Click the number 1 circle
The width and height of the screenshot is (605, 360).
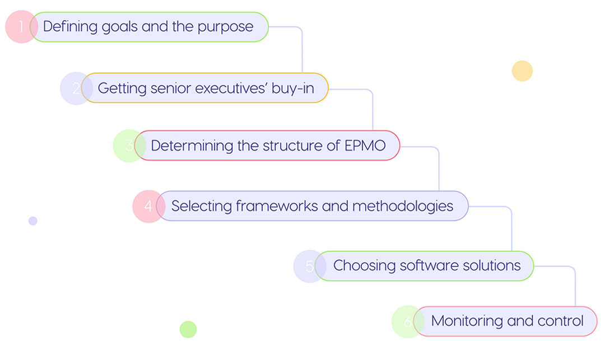click(21, 27)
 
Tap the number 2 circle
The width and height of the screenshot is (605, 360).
click(76, 88)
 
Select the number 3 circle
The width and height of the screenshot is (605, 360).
click(129, 146)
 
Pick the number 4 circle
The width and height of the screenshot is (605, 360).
click(148, 206)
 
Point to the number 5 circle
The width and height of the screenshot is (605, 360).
click(309, 266)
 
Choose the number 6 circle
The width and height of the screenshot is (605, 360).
click(407, 322)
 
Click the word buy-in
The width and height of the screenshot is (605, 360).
click(293, 88)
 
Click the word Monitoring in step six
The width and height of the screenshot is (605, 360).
click(467, 322)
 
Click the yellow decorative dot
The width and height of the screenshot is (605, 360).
click(522, 71)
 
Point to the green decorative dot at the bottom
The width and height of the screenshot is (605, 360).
click(188, 329)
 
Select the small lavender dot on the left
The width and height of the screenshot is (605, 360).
click(33, 221)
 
